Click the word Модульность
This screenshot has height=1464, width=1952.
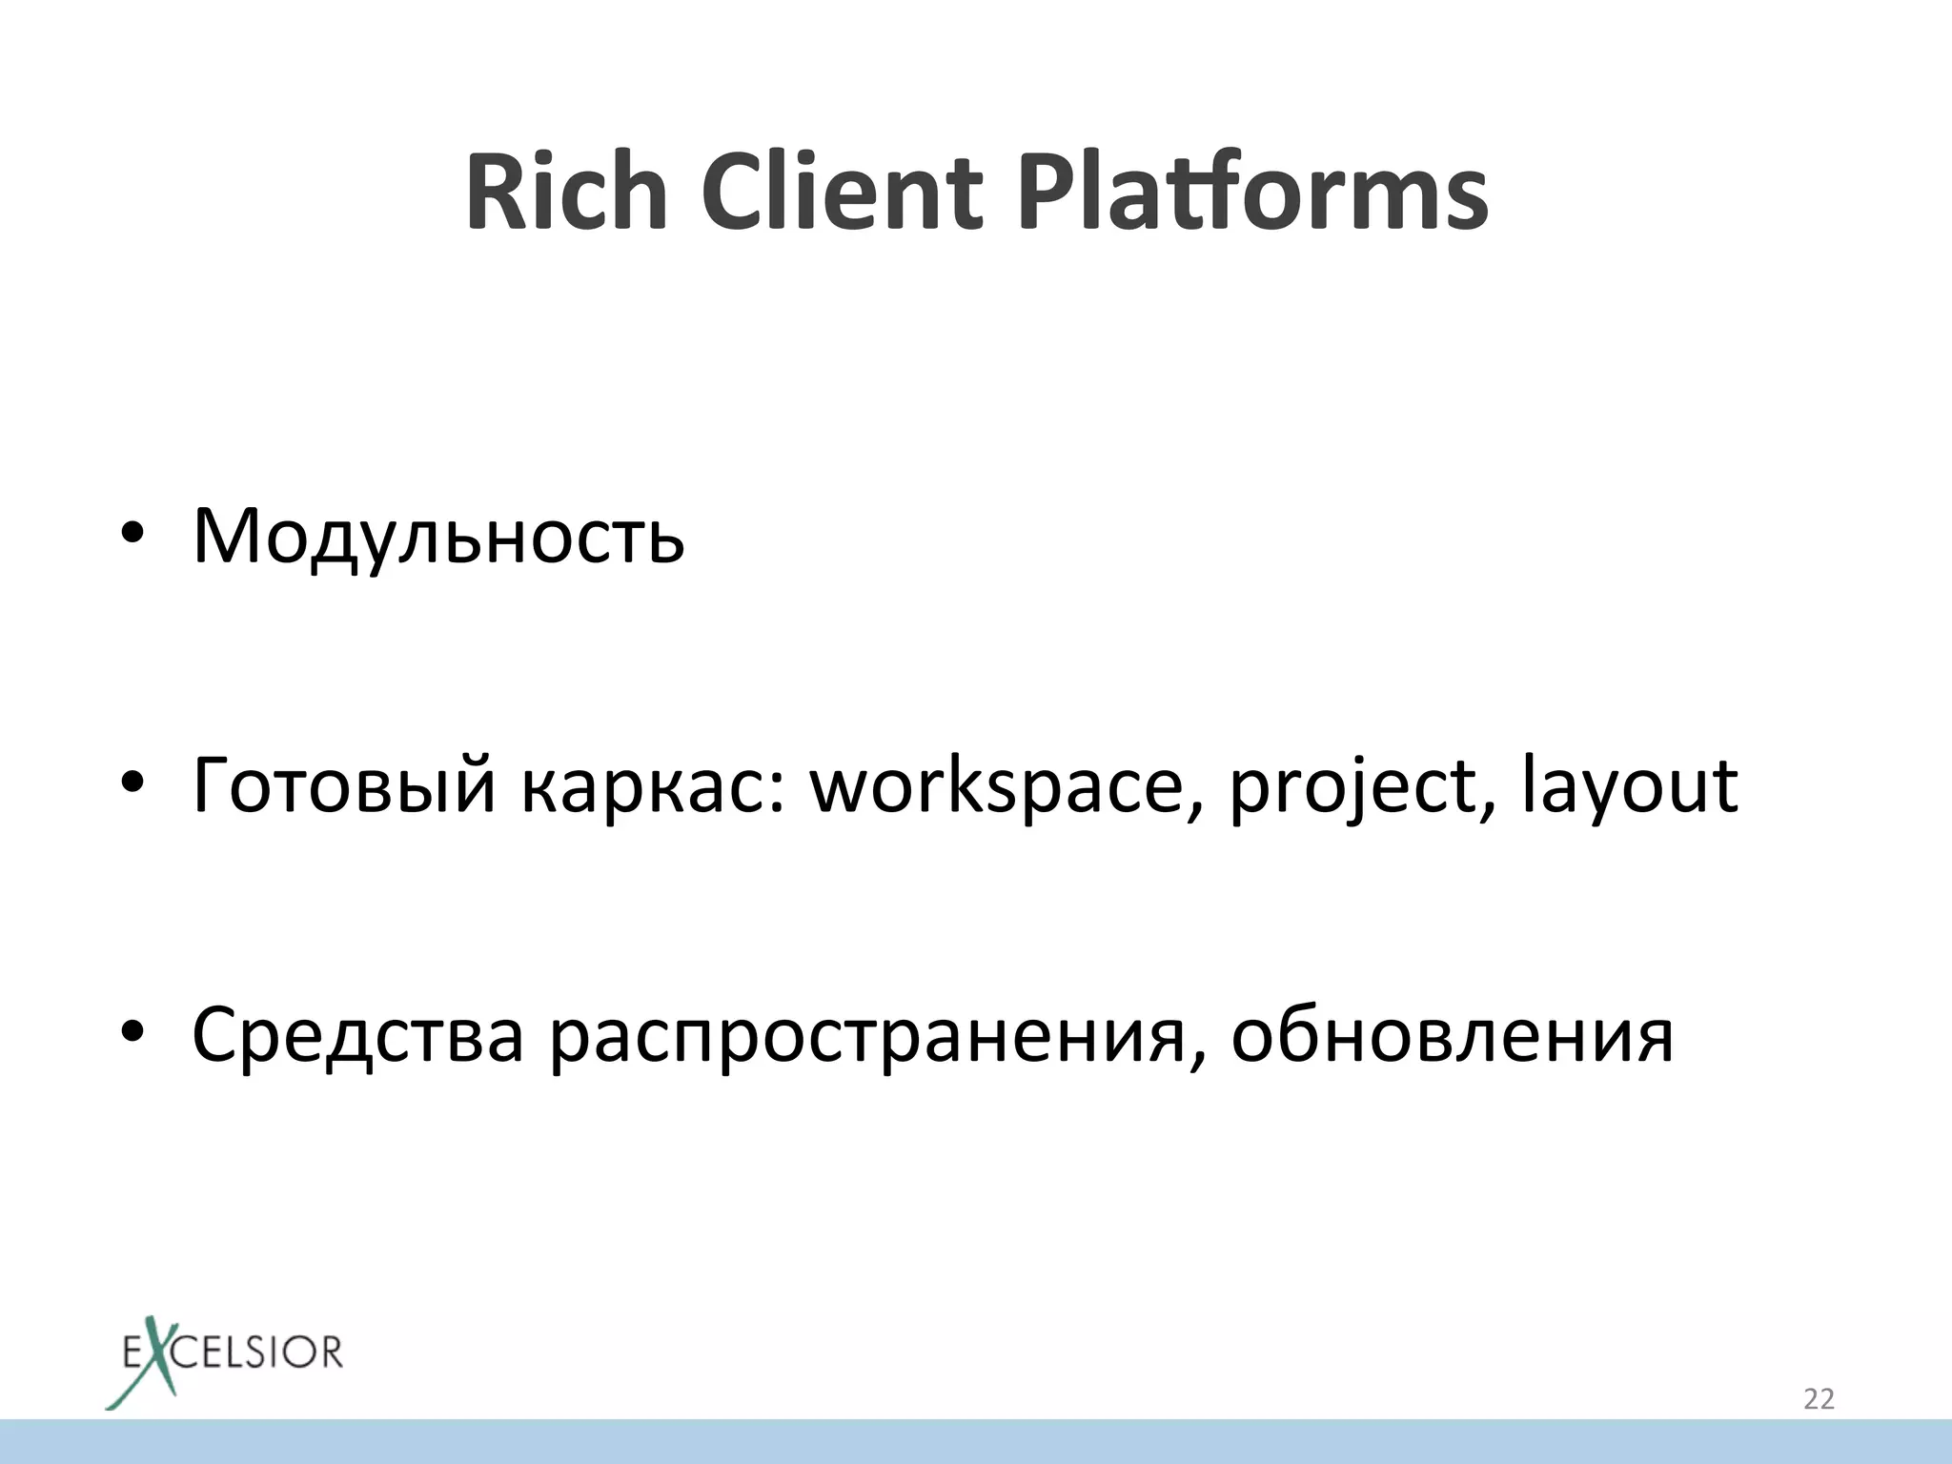(x=438, y=537)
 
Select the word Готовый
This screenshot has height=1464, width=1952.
(x=344, y=786)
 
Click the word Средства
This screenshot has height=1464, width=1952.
(x=357, y=1036)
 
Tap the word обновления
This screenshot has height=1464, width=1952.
(x=1452, y=1036)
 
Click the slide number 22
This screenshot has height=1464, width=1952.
(x=1819, y=1398)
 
